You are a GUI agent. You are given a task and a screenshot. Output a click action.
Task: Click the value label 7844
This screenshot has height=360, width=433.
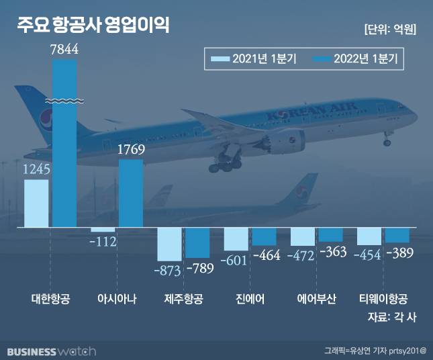coord(64,48)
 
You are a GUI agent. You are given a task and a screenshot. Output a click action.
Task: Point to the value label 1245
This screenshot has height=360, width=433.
coord(36,170)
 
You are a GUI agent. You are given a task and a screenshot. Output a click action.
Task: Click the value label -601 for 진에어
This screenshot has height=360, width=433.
coord(236,261)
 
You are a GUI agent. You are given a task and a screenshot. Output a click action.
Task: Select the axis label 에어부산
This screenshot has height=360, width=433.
coord(317,299)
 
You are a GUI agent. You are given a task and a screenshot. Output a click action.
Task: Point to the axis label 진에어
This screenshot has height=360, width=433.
coord(250,299)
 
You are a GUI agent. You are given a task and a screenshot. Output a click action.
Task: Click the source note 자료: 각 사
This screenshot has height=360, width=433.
coord(393,316)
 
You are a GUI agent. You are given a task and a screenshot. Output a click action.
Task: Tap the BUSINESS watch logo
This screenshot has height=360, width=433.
coord(52,351)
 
